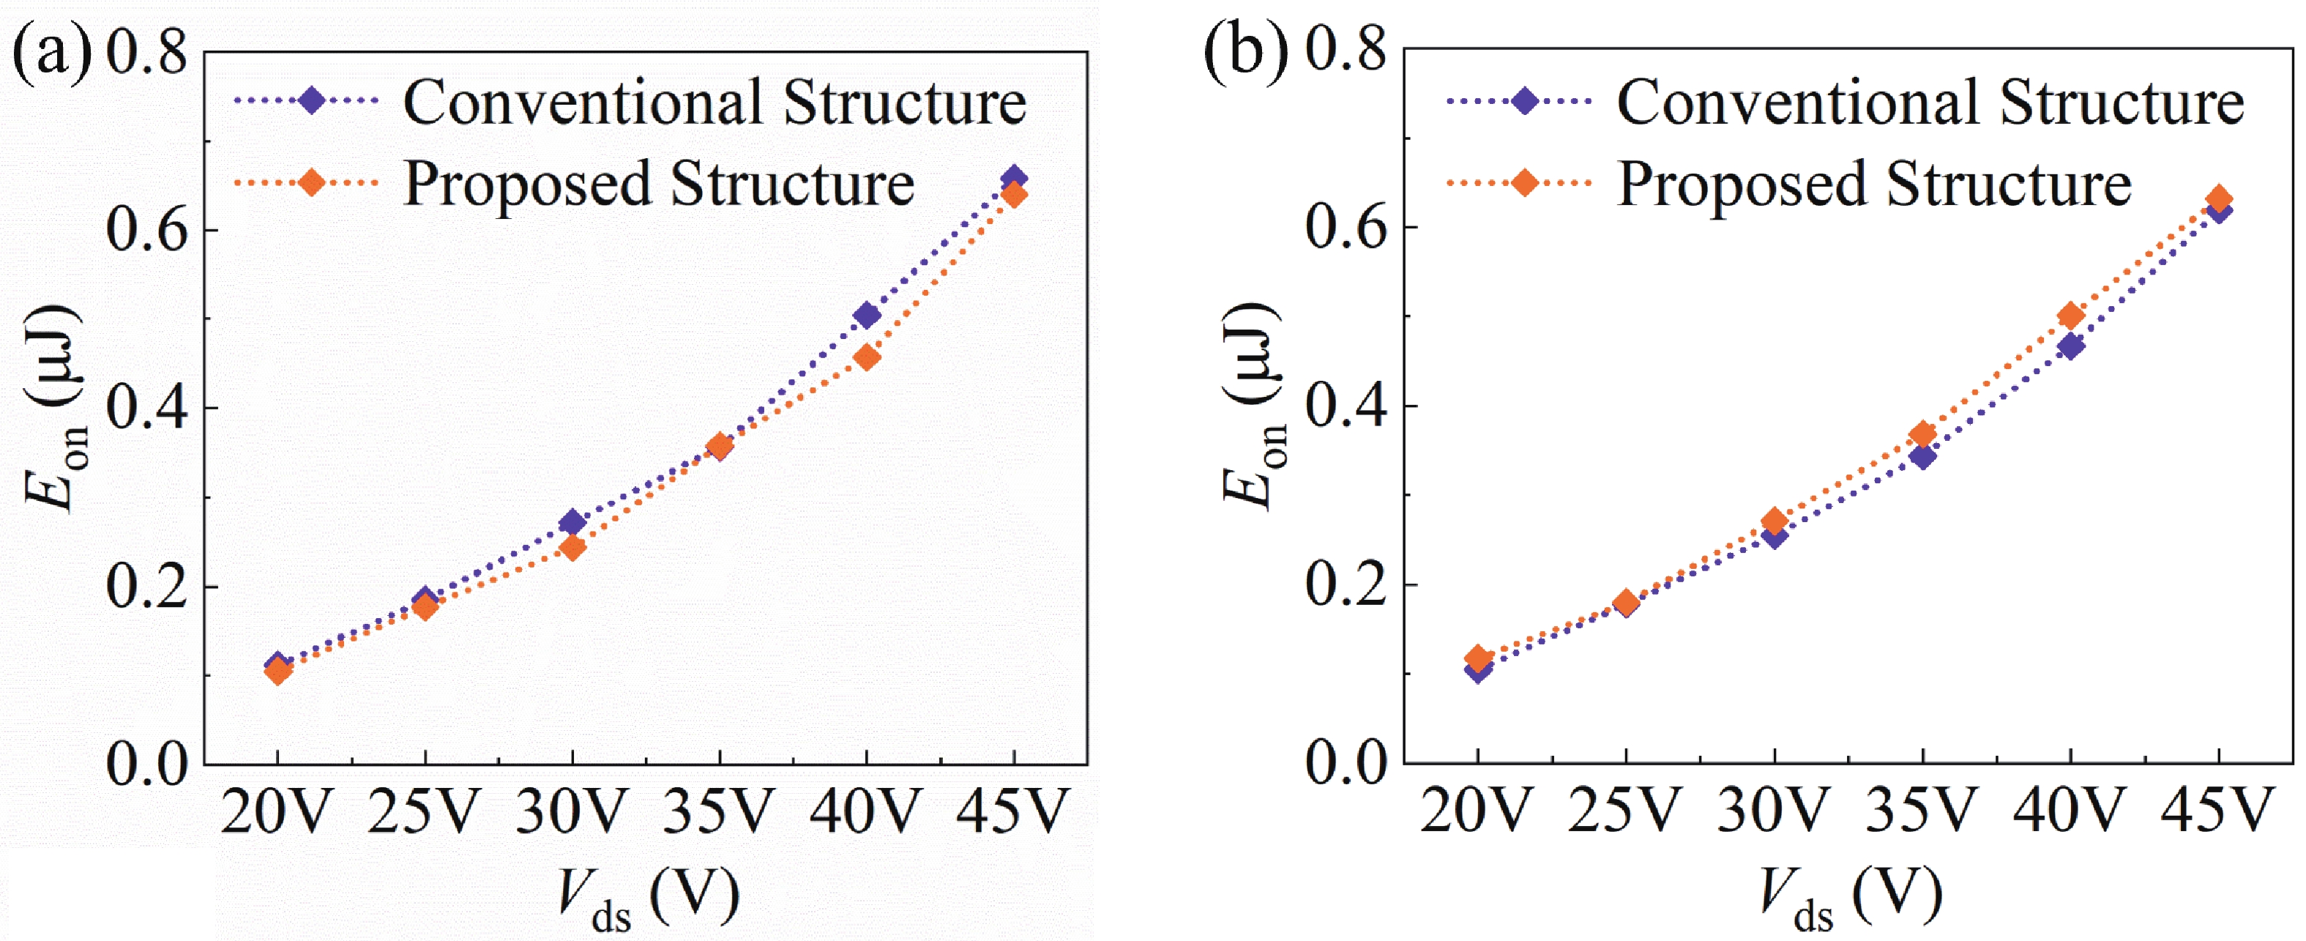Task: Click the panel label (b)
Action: pos(1245,52)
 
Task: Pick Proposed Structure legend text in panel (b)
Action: pos(1873,185)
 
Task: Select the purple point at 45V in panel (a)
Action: pos(1013,177)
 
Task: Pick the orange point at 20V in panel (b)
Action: pos(1479,658)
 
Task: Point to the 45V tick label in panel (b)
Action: pos(2217,811)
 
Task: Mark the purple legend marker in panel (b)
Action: pos(1524,101)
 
